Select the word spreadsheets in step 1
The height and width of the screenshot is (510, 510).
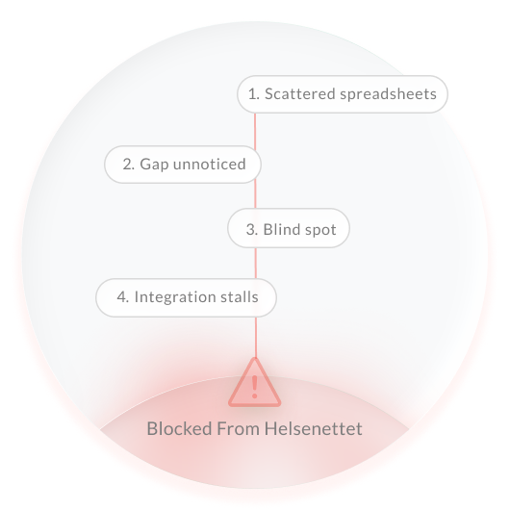coord(388,94)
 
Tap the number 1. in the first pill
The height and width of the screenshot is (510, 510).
coord(254,94)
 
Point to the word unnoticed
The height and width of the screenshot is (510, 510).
coord(210,165)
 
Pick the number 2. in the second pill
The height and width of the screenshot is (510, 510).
coord(129,165)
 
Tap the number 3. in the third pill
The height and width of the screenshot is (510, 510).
coord(252,230)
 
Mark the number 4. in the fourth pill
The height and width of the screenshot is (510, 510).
coord(123,297)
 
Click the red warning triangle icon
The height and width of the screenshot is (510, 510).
coord(255,383)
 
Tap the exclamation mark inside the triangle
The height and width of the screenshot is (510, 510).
coord(255,387)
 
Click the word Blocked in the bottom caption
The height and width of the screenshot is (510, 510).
coord(180,428)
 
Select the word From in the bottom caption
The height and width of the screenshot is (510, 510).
coord(238,428)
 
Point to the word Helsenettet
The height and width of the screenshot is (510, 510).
coord(314,428)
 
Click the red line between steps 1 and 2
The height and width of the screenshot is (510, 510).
coord(255,130)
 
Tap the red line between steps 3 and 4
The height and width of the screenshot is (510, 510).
coord(255,263)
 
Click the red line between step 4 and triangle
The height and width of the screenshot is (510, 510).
coord(256,338)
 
